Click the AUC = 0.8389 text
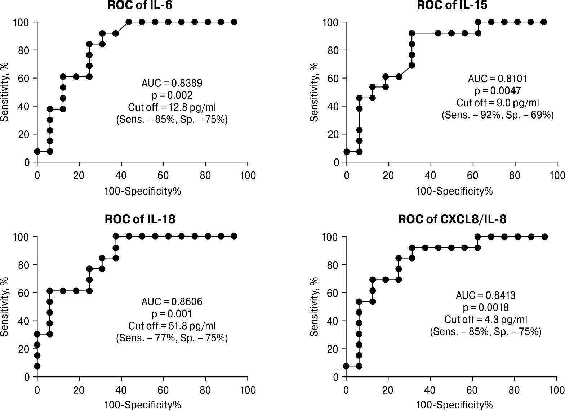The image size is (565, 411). [172, 83]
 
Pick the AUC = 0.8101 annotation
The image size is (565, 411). [498, 79]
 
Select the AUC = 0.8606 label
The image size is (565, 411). [172, 301]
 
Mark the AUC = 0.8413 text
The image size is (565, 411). [485, 296]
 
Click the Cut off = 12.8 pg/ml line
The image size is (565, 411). [172, 107]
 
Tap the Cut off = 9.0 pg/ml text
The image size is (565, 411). [498, 103]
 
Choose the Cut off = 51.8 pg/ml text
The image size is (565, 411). [172, 326]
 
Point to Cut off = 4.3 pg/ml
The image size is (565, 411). [485, 320]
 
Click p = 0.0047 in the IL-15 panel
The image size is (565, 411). [498, 91]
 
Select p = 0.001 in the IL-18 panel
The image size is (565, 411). [172, 314]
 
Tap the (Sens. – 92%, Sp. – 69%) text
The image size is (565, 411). [498, 115]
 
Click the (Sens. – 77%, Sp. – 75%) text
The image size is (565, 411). [172, 338]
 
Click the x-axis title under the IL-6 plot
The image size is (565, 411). [143, 191]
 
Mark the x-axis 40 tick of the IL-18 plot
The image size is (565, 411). [121, 390]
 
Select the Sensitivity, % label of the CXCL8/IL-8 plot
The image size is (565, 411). [314, 307]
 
